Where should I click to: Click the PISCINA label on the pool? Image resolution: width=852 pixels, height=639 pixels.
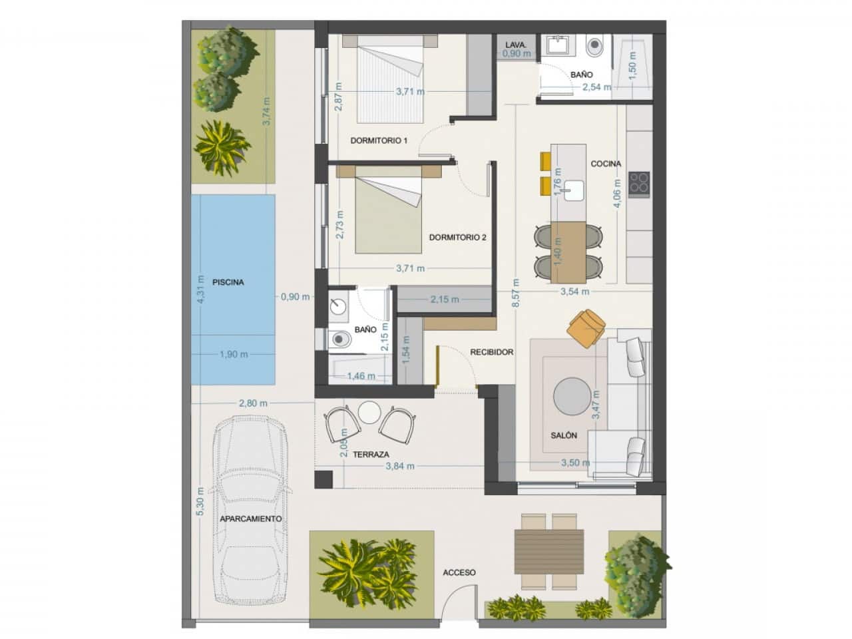click(x=228, y=282)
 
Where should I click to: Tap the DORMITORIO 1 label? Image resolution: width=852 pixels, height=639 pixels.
click(x=379, y=140)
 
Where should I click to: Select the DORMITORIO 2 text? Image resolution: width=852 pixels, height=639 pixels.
click(x=457, y=238)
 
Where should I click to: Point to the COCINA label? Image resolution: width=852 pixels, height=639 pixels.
click(x=606, y=164)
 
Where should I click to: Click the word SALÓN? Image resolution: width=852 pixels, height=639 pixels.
click(x=564, y=435)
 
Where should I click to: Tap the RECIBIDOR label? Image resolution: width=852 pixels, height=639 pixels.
click(x=491, y=352)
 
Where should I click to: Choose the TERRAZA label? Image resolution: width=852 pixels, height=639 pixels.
click(x=371, y=455)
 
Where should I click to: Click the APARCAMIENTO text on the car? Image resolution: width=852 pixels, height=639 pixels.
click(x=251, y=519)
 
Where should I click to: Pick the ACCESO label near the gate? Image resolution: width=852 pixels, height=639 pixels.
click(x=459, y=572)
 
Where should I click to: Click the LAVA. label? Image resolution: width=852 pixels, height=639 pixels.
click(x=516, y=45)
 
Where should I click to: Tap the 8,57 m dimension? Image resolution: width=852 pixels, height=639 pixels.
click(x=516, y=293)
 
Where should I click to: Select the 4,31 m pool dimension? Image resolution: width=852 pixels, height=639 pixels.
click(x=200, y=289)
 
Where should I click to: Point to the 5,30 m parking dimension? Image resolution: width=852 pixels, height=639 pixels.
click(x=200, y=501)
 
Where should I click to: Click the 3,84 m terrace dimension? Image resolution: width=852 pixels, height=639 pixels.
click(x=400, y=466)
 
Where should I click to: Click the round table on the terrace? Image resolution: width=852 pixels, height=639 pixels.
click(x=369, y=412)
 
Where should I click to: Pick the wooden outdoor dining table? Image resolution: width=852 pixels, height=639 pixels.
click(x=549, y=551)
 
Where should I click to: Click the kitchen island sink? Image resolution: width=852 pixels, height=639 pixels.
click(x=574, y=190)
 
